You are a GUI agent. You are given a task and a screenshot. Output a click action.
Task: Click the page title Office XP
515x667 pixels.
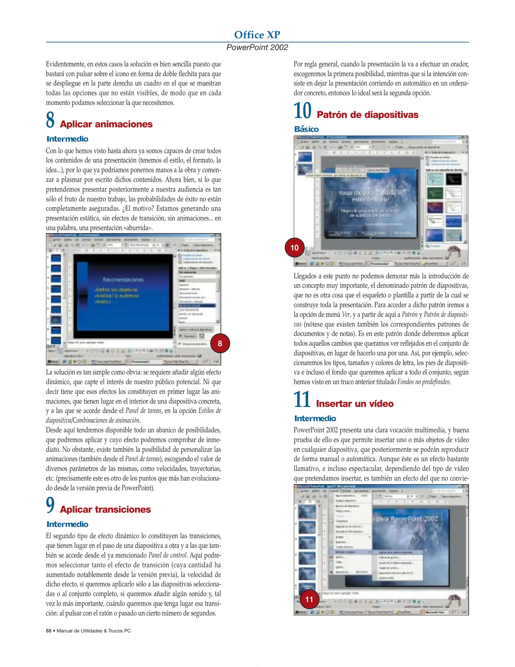pyautogui.click(x=257, y=35)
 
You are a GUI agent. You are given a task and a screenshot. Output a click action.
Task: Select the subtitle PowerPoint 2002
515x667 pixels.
pyautogui.click(x=257, y=47)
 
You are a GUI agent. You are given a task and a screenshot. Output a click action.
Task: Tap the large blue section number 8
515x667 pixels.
pyautogui.click(x=50, y=120)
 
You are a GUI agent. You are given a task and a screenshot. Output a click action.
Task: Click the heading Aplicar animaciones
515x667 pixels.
pyautogui.click(x=106, y=124)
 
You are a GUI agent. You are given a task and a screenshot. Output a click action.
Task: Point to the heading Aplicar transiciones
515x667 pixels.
pyautogui.click(x=105, y=510)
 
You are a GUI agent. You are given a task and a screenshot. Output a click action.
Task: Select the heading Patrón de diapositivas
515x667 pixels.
pyautogui.click(x=367, y=115)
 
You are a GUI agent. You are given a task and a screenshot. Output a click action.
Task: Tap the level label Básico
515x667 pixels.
pyautogui.click(x=306, y=129)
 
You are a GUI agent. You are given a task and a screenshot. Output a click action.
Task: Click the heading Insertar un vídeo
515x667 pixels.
pyautogui.click(x=355, y=404)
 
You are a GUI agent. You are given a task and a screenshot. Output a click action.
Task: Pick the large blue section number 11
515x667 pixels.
pyautogui.click(x=302, y=400)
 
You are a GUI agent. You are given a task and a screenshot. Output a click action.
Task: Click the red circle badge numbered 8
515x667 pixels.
pyautogui.click(x=220, y=343)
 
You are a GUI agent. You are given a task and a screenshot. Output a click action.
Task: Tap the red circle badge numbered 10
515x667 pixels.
pyautogui.click(x=295, y=247)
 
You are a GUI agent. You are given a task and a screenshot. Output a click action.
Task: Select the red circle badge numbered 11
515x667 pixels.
pyautogui.click(x=309, y=599)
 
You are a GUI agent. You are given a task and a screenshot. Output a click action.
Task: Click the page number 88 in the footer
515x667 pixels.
pyautogui.click(x=49, y=631)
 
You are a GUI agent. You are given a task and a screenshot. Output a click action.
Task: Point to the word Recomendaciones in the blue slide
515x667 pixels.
pyautogui.click(x=123, y=280)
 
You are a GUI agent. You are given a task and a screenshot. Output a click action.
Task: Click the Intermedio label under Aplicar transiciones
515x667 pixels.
pyautogui.click(x=67, y=524)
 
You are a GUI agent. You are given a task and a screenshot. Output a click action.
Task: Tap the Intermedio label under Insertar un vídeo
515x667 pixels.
pyautogui.click(x=315, y=418)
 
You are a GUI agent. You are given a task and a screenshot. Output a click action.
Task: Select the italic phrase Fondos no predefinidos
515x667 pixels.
pyautogui.click(x=424, y=382)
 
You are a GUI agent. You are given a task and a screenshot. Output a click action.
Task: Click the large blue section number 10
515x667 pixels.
pyautogui.click(x=302, y=111)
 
